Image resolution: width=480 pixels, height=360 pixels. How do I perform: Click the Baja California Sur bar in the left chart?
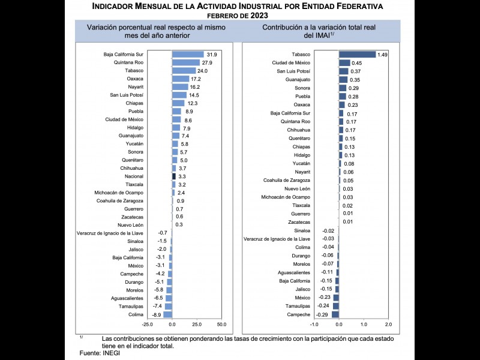click(188, 54)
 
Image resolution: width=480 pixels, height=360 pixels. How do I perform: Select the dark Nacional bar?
click(174, 176)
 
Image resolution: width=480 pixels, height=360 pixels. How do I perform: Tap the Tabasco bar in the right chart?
click(357, 54)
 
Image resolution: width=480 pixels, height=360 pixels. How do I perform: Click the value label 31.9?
click(212, 54)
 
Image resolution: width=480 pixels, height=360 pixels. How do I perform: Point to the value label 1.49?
click(383, 54)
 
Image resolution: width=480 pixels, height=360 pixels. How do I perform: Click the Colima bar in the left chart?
click(167, 314)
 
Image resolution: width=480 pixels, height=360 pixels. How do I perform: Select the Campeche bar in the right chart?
click(335, 314)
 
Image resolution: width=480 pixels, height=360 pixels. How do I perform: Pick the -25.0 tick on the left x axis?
click(147, 324)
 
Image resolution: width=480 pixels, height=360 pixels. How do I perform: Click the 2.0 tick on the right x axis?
click(388, 324)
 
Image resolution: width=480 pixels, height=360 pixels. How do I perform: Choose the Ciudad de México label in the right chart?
click(291, 62)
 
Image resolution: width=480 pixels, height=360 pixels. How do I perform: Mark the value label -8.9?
click(155, 314)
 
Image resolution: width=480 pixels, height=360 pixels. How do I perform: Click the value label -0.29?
click(322, 314)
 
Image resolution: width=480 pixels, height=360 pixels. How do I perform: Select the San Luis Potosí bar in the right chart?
click(344, 71)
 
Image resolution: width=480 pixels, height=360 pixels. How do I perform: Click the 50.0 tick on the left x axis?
click(221, 324)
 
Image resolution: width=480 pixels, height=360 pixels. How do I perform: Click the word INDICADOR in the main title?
click(119, 7)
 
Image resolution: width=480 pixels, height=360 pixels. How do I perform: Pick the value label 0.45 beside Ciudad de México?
click(356, 62)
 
